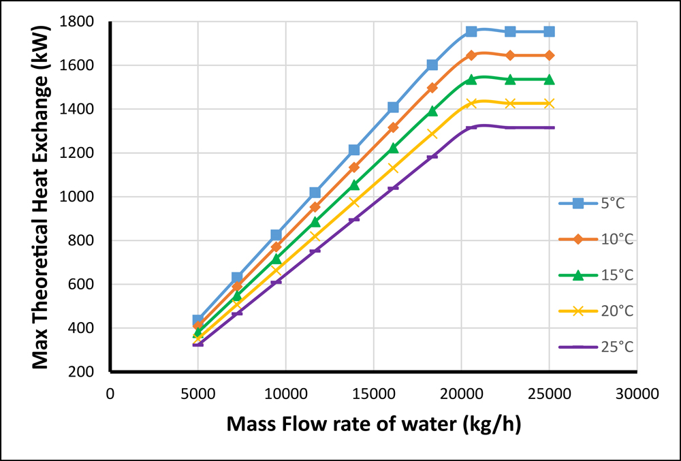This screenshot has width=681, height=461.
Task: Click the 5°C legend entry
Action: click(596, 203)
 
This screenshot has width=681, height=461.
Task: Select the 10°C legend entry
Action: click(596, 239)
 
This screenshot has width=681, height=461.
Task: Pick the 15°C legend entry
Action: click(596, 275)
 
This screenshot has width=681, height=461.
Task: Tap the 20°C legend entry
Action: click(596, 311)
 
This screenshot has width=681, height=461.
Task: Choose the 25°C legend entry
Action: click(596, 347)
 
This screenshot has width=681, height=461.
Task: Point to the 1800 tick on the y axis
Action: click(87, 22)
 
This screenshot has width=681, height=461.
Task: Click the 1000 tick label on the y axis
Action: click(87, 197)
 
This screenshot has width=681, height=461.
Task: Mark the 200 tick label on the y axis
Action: click(92, 372)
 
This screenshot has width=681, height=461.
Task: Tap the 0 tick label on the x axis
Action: click(110, 394)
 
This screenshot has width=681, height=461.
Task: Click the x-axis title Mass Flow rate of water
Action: click(374, 424)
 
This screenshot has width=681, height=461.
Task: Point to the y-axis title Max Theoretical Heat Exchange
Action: click(42, 197)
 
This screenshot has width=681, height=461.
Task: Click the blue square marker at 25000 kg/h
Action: click(549, 31)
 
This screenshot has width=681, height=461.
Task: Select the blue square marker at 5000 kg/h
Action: click(198, 320)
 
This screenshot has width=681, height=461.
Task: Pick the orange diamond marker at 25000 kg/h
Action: click(549, 55)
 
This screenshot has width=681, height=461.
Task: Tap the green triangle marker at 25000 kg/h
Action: click(549, 80)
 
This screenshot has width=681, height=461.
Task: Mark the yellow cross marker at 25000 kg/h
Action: click(549, 104)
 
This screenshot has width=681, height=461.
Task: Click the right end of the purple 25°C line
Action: click(554, 127)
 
